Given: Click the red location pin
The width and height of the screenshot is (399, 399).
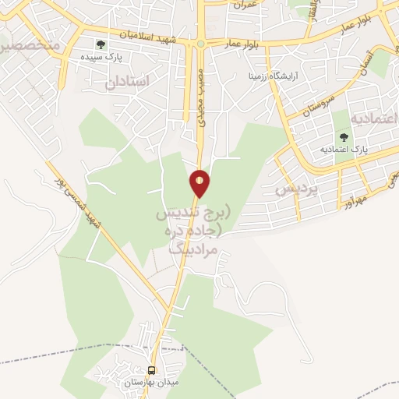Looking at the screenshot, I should pyautogui.click(x=200, y=183).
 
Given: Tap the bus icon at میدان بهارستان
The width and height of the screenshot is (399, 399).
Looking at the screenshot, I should pyautogui.click(x=152, y=371).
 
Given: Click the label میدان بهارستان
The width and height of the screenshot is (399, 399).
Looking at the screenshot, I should pyautogui.click(x=152, y=383).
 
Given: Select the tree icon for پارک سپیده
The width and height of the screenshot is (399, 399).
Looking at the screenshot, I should pyautogui.click(x=99, y=44).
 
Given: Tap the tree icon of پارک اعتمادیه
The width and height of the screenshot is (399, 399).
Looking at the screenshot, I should pyautogui.click(x=344, y=137).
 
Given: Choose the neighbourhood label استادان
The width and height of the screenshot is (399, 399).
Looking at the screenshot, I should pyautogui.click(x=125, y=80).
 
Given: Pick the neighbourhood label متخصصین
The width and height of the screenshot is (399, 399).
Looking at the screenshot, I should pyautogui.click(x=30, y=47).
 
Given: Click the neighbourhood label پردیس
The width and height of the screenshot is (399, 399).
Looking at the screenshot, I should pyautogui.click(x=298, y=189).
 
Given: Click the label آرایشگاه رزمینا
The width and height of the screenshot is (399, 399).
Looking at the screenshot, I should pyautogui.click(x=274, y=77).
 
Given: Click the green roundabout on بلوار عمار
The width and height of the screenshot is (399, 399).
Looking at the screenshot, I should pyautogui.click(x=201, y=44).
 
